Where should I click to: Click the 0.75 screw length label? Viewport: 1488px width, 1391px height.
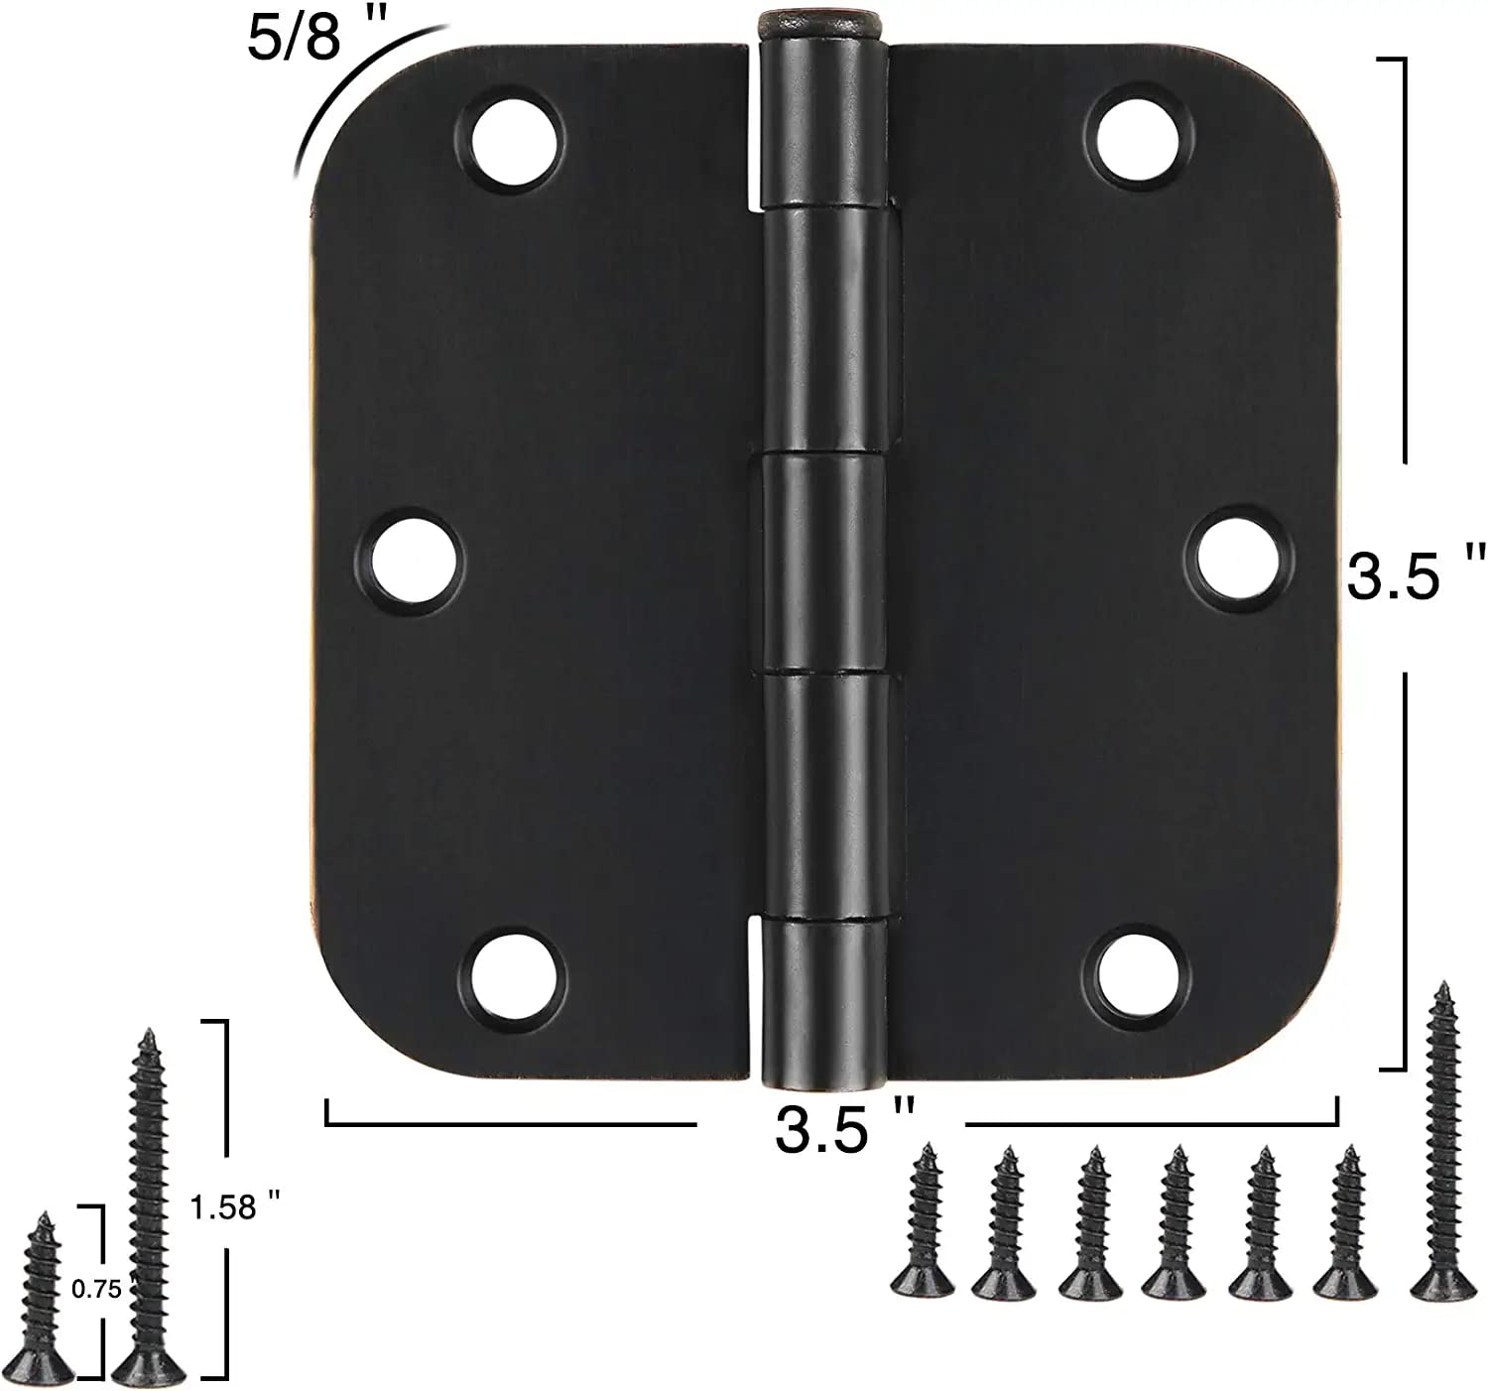96,1289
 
